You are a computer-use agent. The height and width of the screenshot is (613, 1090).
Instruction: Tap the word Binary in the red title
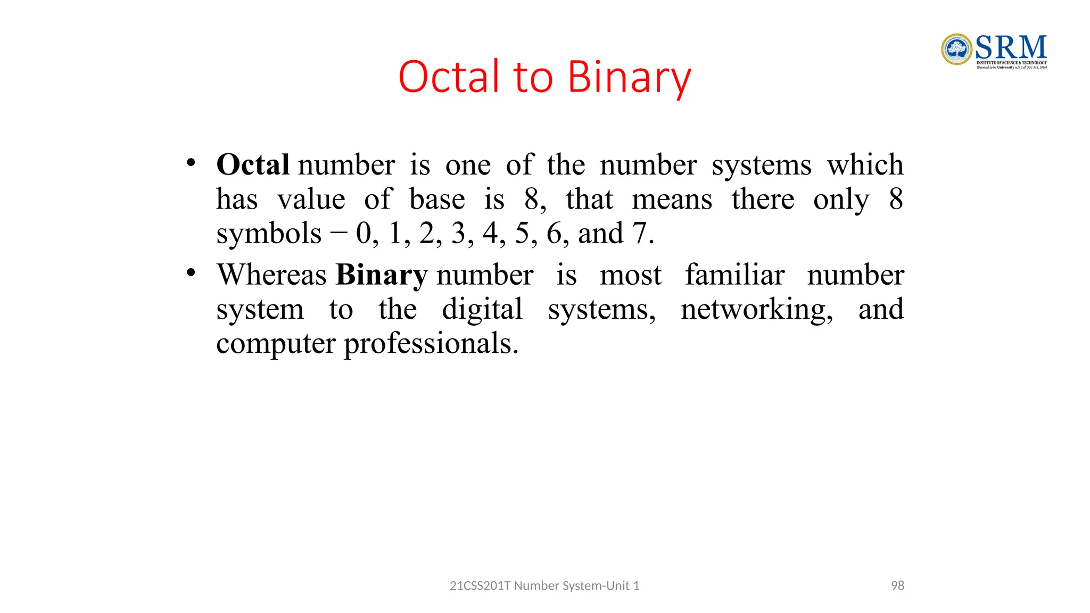pyautogui.click(x=629, y=78)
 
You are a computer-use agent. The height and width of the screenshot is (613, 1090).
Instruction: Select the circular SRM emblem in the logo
pyautogui.click(x=956, y=49)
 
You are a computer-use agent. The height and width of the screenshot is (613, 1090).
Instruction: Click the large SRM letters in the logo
pyautogui.click(x=1011, y=47)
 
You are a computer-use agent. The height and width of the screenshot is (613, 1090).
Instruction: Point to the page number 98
pyautogui.click(x=897, y=585)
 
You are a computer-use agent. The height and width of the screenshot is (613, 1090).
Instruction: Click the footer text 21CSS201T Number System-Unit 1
pyautogui.click(x=544, y=585)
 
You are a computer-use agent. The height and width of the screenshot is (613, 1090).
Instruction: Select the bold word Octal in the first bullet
pyautogui.click(x=253, y=164)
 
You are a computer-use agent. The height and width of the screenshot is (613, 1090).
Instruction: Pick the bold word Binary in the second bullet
pyautogui.click(x=381, y=275)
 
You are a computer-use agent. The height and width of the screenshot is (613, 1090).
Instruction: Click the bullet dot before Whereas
pyautogui.click(x=191, y=273)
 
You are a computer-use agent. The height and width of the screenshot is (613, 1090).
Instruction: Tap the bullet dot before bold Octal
pyautogui.click(x=191, y=163)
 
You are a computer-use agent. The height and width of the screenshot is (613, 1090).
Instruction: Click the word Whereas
pyautogui.click(x=271, y=275)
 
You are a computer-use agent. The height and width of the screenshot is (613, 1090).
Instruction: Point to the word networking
pyautogui.click(x=756, y=310)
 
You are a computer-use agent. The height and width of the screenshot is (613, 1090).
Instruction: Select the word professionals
pyautogui.click(x=431, y=344)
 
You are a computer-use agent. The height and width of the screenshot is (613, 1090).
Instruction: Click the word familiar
pyautogui.click(x=734, y=275)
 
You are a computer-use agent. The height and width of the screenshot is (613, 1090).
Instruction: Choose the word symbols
pyautogui.click(x=269, y=234)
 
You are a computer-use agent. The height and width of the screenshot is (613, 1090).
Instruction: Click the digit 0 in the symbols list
pyautogui.click(x=364, y=234)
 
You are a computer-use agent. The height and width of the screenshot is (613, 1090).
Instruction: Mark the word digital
pyautogui.click(x=482, y=310)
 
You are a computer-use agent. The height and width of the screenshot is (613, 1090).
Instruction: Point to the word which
pyautogui.click(x=865, y=164)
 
